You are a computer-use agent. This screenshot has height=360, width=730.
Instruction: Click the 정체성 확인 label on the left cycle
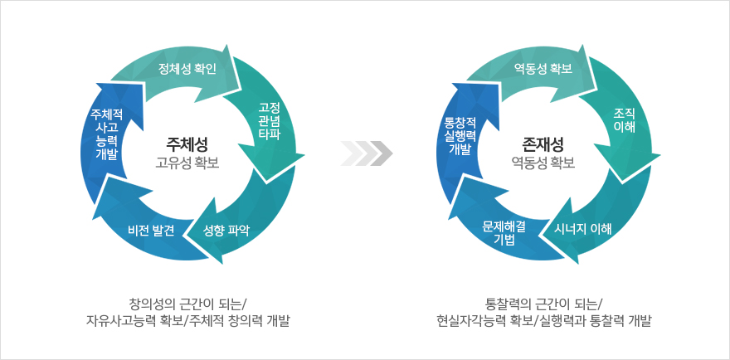pos(187,70)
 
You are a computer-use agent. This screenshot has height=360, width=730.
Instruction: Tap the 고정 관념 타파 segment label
pos(270,120)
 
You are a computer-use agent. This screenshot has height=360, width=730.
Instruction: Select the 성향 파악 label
pos(226,230)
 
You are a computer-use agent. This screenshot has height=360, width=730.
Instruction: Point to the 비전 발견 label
pos(151,230)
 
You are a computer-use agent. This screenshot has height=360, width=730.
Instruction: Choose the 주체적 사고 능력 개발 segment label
pos(107,134)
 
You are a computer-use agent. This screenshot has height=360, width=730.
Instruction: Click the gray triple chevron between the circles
pos(367,153)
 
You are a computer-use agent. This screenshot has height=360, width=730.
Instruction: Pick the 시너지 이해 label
pos(583,229)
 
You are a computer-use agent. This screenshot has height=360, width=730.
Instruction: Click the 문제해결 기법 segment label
pos(504,232)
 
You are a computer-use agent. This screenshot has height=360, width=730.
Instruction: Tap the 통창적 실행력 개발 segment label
pos(460,136)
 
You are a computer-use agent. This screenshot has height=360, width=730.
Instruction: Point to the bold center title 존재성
pos(543,143)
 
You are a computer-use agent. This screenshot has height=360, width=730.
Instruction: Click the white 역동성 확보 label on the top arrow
pos(543,70)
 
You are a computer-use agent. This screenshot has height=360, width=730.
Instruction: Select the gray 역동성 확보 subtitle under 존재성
pos(543,163)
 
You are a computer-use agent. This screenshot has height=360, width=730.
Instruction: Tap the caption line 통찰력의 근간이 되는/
pos(543,304)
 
